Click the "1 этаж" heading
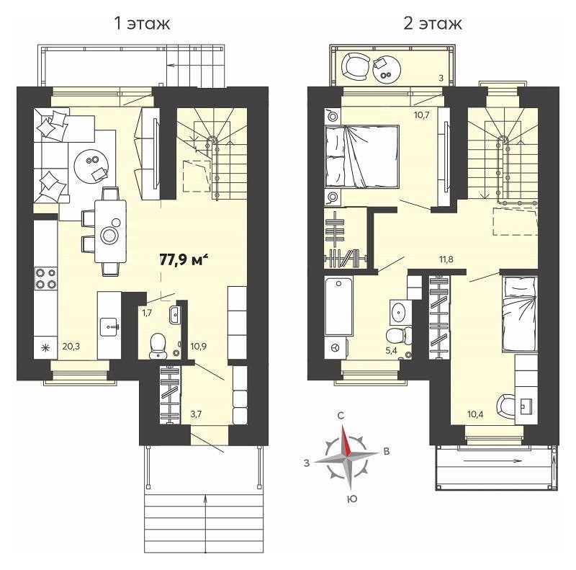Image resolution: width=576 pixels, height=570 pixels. [x=142, y=24]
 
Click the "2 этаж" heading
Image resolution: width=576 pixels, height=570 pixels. [x=433, y=24]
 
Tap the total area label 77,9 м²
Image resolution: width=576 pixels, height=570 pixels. [x=184, y=259]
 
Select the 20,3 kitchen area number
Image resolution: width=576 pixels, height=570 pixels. [x=71, y=346]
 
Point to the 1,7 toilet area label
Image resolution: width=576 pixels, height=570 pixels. [x=147, y=313]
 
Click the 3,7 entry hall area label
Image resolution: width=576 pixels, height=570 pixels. [x=196, y=414]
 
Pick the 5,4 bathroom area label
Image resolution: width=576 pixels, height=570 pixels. [x=391, y=350]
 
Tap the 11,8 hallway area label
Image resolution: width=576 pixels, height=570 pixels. [x=446, y=259]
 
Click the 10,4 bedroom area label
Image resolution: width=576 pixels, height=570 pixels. [x=475, y=414]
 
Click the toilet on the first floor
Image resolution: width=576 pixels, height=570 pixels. [x=158, y=345]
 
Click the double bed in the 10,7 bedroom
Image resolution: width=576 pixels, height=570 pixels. [x=362, y=156]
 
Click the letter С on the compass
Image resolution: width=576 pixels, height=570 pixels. [x=341, y=416]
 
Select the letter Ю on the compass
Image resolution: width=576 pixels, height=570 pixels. [x=352, y=499]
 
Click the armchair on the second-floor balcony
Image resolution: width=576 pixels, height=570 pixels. [x=356, y=66]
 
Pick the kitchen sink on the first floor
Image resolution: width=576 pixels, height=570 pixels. [x=109, y=326]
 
